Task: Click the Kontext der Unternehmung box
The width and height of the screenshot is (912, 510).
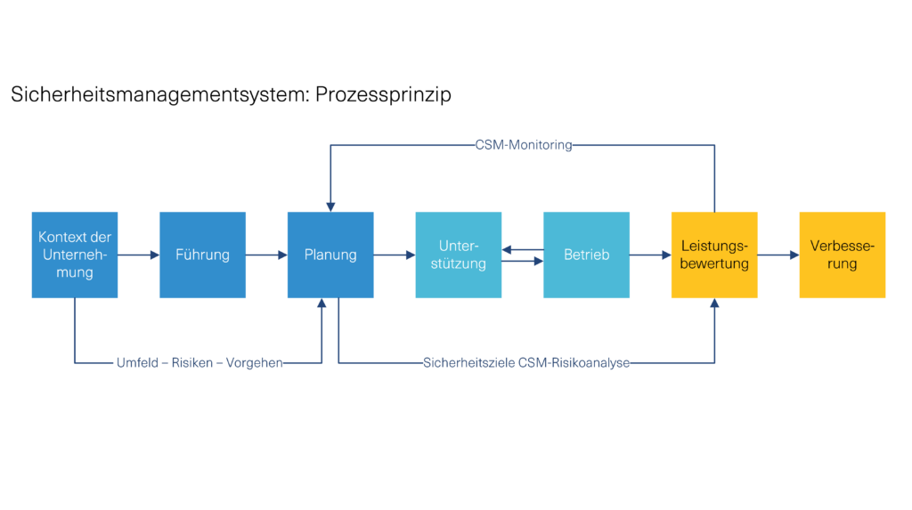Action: (75, 255)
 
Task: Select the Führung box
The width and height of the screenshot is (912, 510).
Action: (202, 255)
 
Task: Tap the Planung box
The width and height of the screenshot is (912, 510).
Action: (330, 255)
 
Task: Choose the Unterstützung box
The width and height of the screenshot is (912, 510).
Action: (458, 255)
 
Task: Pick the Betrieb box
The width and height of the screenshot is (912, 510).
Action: (586, 255)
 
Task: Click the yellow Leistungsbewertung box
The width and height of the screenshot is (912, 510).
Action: (714, 255)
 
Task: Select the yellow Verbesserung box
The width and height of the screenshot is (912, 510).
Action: (843, 255)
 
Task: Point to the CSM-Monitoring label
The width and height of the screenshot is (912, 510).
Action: (524, 145)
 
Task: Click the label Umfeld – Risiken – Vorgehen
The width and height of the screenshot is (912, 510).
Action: (199, 363)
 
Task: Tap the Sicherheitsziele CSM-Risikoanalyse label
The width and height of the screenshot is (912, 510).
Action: (526, 363)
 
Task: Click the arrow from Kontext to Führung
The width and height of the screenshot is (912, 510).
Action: (138, 255)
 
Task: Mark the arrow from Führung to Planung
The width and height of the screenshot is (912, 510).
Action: (266, 255)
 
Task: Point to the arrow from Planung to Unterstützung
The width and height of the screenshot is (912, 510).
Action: (395, 255)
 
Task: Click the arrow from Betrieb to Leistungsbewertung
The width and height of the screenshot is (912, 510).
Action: (650, 255)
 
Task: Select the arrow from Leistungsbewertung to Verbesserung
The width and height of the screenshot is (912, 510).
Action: (778, 255)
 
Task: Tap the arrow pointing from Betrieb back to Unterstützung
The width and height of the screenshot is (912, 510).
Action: (523, 249)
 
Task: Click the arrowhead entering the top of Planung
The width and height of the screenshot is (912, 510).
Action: (330, 206)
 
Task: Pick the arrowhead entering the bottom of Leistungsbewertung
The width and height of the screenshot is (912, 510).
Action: (714, 304)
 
